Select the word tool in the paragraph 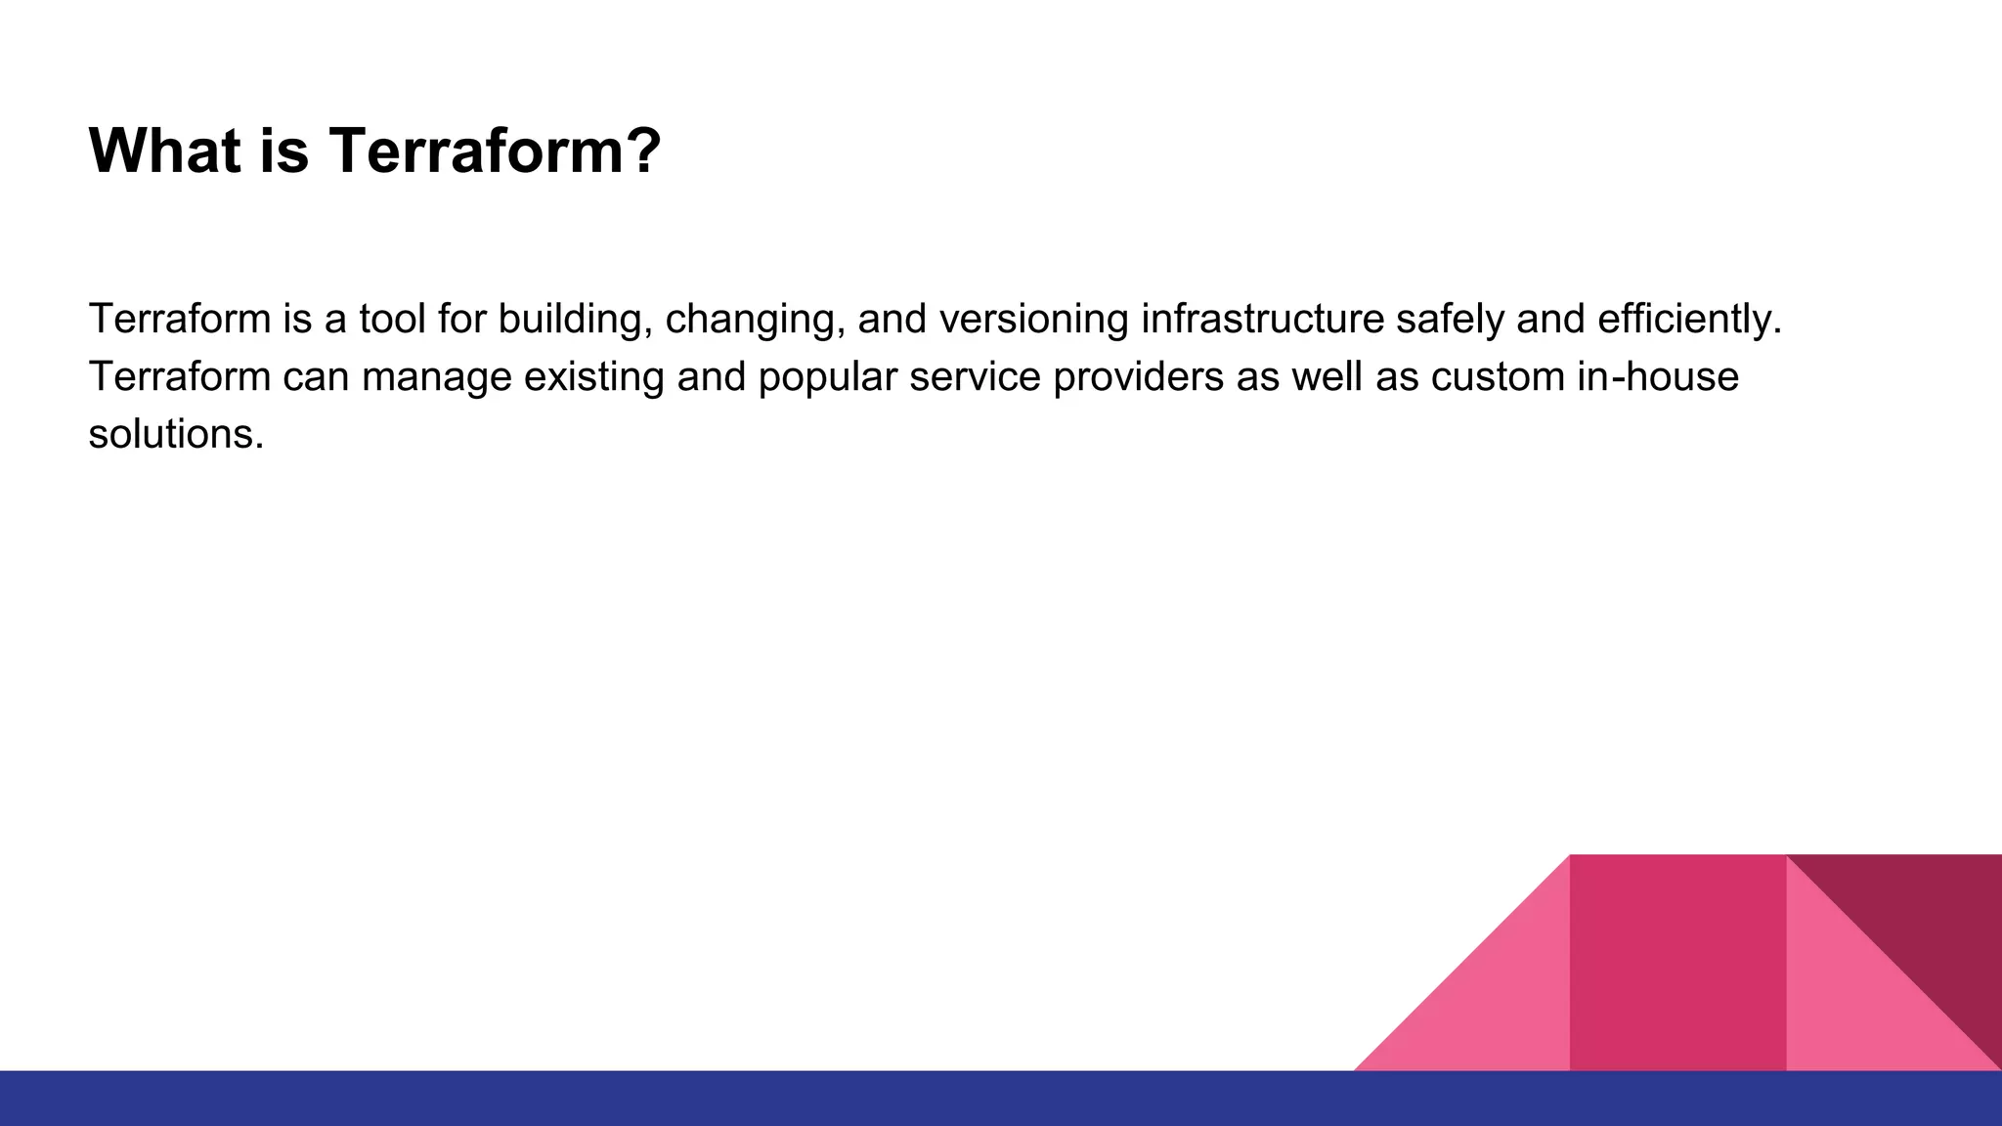pos(392,319)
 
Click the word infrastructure pos(1262,319)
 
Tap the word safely pos(1450,321)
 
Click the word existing pos(594,378)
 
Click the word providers pos(1138,378)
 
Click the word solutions pos(176,434)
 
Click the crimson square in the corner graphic pos(1677,963)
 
